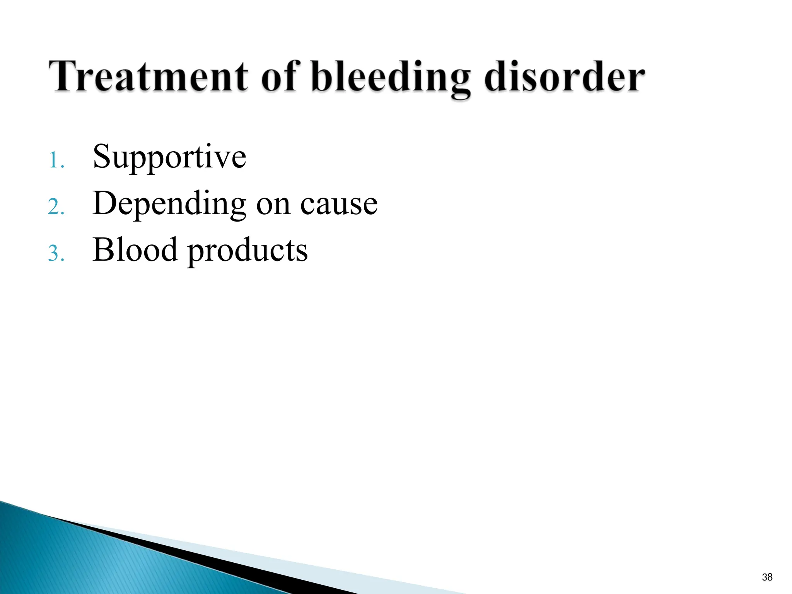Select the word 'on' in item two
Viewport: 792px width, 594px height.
(x=273, y=205)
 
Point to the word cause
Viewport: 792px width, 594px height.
(x=339, y=205)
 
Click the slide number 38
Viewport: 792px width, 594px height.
(x=767, y=577)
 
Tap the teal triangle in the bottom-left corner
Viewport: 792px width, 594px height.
(x=77, y=561)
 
